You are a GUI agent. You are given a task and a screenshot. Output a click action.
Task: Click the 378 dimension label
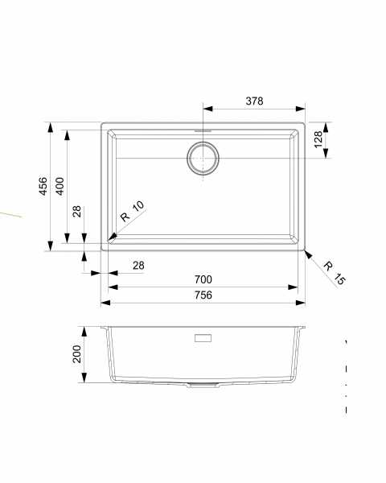pos(254,101)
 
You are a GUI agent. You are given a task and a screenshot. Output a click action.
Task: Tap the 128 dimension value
pos(318,139)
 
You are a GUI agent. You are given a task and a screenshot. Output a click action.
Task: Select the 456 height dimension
pos(43,186)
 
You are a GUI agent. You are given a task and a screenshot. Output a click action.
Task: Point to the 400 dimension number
pos(60,186)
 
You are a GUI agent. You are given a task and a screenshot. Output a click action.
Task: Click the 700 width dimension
pos(203,279)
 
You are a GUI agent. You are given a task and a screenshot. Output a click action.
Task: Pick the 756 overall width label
pos(203,295)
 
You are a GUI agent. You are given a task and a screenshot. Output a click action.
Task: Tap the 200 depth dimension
pos(76,353)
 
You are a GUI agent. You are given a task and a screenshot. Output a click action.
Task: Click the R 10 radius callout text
pos(133,211)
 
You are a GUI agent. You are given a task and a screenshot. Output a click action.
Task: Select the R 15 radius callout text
pos(335,273)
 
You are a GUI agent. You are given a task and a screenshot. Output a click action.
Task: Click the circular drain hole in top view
pos(203,159)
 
